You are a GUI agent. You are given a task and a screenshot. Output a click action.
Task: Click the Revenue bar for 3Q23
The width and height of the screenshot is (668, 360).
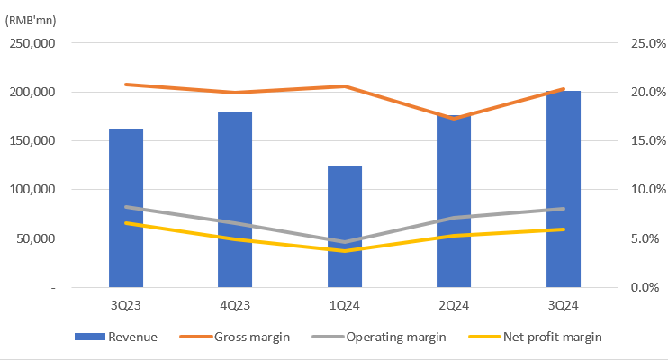tap(126, 208)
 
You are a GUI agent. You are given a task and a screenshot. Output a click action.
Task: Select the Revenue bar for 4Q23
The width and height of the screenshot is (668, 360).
tap(235, 199)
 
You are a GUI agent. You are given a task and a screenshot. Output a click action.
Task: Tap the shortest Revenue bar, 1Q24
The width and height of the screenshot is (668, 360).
tap(345, 226)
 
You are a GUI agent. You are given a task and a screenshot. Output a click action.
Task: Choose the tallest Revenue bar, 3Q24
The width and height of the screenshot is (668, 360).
tap(563, 189)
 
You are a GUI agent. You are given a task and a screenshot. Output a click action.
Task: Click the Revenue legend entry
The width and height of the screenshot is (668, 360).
tap(117, 337)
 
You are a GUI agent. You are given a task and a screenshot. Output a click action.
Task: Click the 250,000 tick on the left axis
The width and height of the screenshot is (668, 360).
tap(32, 43)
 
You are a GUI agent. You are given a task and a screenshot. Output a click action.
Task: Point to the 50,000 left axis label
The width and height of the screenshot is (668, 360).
tap(36, 238)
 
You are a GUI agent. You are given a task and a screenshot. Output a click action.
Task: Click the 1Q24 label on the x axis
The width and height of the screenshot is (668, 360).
tap(345, 306)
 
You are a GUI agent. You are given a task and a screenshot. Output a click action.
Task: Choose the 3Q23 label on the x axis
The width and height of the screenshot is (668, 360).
tap(126, 306)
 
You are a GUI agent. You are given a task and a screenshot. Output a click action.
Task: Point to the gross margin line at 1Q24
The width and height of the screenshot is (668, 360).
tap(345, 86)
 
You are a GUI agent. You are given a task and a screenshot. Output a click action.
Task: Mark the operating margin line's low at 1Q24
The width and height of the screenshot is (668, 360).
tap(345, 241)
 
